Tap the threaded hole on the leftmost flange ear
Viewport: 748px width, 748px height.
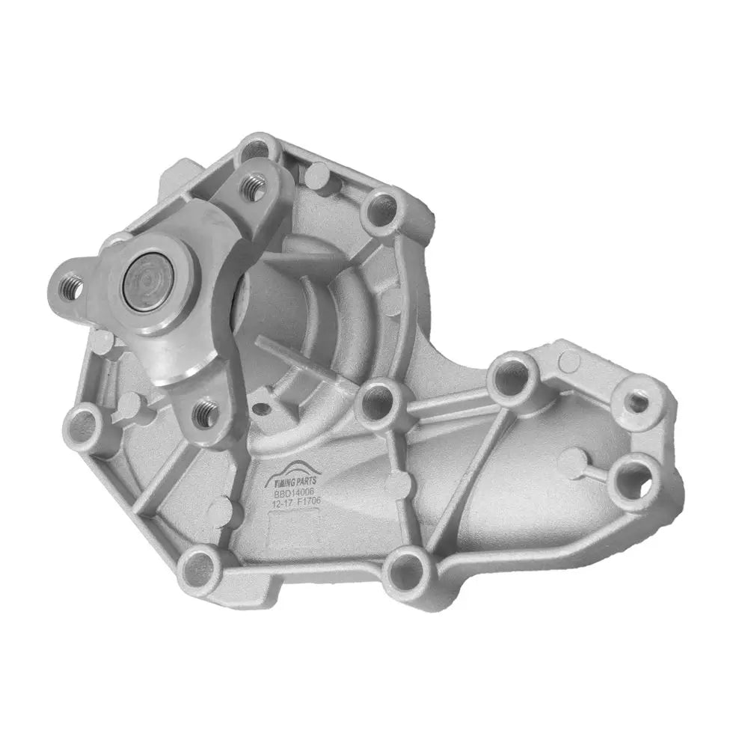click(x=72, y=286)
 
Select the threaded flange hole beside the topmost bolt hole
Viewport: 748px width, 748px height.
click(x=255, y=186)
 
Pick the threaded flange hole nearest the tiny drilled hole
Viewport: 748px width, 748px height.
click(x=206, y=411)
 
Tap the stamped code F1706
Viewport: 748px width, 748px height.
click(x=307, y=496)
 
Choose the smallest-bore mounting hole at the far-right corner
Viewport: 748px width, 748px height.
click(x=637, y=402)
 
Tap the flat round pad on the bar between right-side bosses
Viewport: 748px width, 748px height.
click(x=569, y=361)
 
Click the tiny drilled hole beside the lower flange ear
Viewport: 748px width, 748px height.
click(x=262, y=409)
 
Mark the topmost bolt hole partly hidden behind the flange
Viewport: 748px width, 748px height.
click(x=256, y=150)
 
